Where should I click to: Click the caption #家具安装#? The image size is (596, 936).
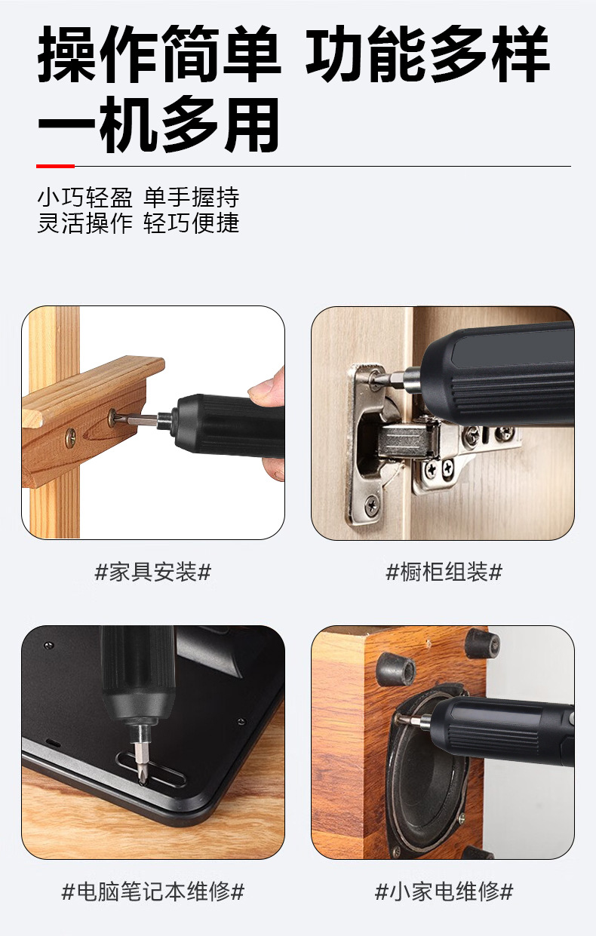(153, 572)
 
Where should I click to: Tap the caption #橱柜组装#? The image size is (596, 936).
(444, 572)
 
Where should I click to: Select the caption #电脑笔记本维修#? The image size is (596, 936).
(153, 892)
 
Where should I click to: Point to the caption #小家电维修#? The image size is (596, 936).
(444, 892)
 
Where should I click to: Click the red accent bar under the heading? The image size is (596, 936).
(55, 166)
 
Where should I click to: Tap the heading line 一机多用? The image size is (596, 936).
(158, 124)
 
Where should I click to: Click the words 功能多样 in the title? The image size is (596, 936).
(428, 54)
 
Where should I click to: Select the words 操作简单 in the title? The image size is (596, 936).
(158, 54)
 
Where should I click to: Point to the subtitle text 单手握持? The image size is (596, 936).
(192, 197)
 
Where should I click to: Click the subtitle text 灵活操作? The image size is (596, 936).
(84, 223)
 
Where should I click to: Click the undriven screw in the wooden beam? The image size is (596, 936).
(70, 438)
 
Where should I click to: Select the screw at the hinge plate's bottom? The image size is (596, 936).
(372, 505)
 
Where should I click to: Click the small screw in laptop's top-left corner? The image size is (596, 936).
(48, 645)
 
